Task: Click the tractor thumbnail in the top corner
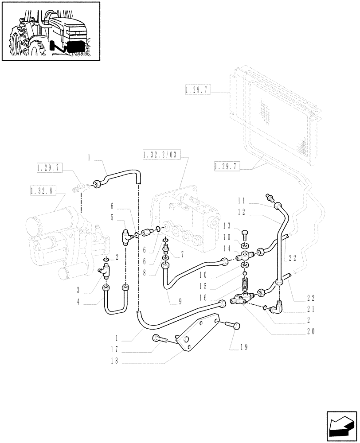(x=51, y=31)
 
